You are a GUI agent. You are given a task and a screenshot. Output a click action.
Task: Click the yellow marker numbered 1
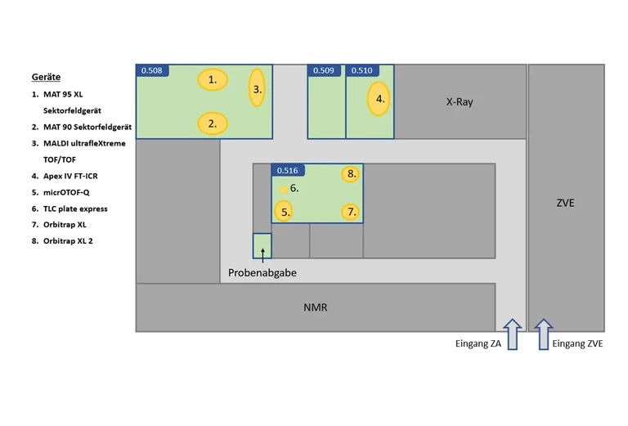pos(213,79)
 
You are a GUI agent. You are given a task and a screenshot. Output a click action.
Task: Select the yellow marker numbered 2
pos(213,124)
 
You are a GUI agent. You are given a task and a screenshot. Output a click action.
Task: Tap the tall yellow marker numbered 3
pos(257,89)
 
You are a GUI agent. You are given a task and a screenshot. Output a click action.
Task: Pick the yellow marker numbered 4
pos(379,99)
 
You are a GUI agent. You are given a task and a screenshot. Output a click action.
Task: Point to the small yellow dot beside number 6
pos(284,189)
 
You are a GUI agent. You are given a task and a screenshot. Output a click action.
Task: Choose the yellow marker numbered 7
pos(352,212)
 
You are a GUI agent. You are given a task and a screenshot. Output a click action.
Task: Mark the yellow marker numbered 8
pos(351,173)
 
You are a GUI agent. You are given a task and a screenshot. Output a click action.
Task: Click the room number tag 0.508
pos(152,70)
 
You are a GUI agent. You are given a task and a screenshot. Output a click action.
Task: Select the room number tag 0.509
pos(323,70)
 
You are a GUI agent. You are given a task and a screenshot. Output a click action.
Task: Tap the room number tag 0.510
pos(361,70)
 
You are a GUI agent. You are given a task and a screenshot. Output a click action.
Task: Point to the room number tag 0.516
pos(288,170)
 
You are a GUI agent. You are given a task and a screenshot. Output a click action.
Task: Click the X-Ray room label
pos(460,102)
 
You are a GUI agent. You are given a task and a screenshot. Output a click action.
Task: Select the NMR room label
pos(316,307)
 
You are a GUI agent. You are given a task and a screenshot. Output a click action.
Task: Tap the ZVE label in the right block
pos(564,203)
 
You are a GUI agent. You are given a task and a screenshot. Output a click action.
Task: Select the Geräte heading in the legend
pos(46,77)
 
